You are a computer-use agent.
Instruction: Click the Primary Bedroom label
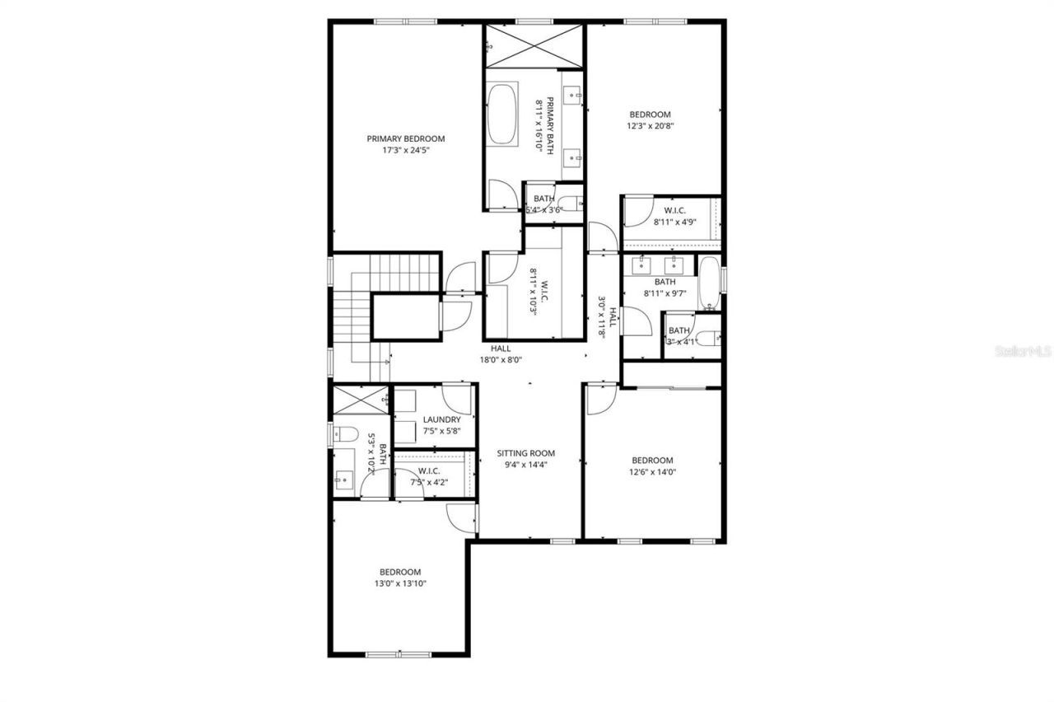[x=405, y=138]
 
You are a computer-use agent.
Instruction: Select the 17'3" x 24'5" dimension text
[x=405, y=150]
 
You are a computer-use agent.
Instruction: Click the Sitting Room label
[x=525, y=453]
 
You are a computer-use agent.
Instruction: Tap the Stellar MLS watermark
[x=1024, y=351]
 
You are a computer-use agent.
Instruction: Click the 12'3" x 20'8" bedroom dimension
[x=650, y=126]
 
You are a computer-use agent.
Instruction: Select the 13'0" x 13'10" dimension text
[x=399, y=583]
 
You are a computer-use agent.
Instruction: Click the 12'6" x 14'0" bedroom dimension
[x=652, y=472]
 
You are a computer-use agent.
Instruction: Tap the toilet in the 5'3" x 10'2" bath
[x=344, y=433]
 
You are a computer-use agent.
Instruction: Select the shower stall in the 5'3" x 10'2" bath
[x=360, y=400]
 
